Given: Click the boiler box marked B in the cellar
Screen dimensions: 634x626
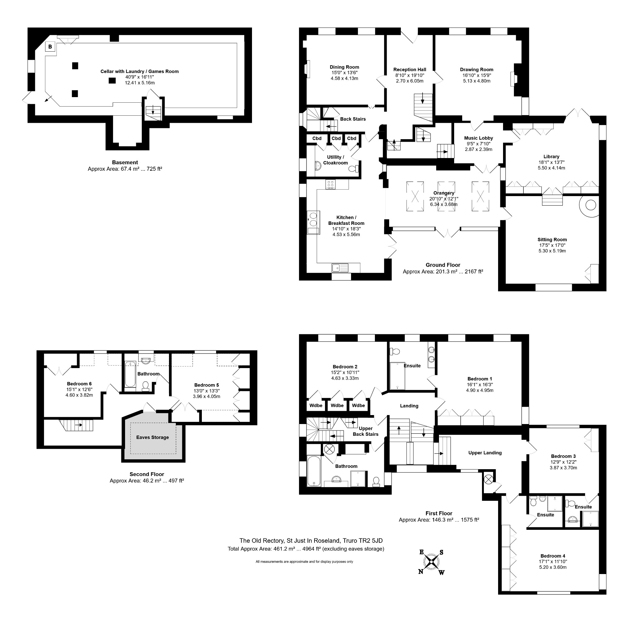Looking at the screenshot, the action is (x=50, y=47).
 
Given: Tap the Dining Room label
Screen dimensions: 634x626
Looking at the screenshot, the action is (x=344, y=67).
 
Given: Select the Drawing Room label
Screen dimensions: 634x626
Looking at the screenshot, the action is (x=476, y=70).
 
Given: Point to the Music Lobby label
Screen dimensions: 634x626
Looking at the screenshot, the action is (x=479, y=138).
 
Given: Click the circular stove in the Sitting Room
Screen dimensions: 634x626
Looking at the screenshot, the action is (x=590, y=205).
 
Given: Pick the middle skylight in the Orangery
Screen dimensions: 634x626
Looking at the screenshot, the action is (x=446, y=196).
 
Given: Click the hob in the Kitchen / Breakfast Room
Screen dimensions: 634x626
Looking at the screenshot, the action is (x=330, y=184).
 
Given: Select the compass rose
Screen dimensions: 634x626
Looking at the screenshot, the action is (x=431, y=562).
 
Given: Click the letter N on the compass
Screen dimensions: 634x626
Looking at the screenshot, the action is (x=421, y=572).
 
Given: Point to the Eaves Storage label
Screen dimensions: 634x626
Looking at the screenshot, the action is (x=153, y=437).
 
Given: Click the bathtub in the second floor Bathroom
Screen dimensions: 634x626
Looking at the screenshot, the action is (x=130, y=374).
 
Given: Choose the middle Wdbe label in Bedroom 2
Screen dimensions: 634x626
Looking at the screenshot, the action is (x=337, y=405).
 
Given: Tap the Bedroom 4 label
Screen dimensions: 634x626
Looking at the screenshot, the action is (x=553, y=556).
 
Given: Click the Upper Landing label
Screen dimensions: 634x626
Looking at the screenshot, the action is (x=485, y=453).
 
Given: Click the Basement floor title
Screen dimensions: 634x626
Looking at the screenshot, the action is (x=125, y=162).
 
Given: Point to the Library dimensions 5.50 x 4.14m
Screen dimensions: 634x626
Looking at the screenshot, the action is (x=551, y=168).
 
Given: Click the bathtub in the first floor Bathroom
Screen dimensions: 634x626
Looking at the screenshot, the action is (x=314, y=471).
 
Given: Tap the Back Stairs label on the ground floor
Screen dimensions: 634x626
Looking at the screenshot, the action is (x=353, y=119).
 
